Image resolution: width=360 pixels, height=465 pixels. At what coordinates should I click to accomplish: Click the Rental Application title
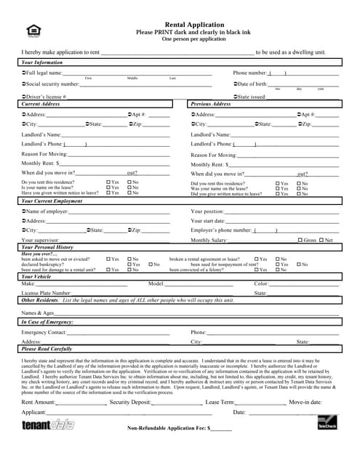(x=184, y=25)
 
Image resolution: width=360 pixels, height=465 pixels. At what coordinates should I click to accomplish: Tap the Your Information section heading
(x=43, y=63)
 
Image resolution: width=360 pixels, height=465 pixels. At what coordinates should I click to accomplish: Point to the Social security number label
(x=52, y=84)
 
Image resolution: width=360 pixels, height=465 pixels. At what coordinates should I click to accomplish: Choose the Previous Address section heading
(x=211, y=105)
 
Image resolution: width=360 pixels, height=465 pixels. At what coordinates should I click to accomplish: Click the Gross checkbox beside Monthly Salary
(x=301, y=240)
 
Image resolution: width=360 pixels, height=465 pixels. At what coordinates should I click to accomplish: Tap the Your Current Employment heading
(x=53, y=201)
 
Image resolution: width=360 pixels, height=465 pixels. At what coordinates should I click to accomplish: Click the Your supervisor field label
(x=41, y=240)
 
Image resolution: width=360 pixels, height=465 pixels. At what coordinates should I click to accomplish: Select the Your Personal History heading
(x=48, y=248)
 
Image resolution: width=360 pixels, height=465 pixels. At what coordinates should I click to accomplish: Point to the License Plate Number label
(x=47, y=293)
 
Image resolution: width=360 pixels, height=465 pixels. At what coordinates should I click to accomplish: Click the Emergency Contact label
(x=44, y=332)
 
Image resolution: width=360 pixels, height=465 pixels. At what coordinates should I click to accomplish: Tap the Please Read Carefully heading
(x=49, y=349)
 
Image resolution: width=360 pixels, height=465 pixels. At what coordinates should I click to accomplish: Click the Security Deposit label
(x=130, y=402)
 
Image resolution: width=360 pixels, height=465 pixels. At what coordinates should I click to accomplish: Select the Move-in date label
(x=305, y=402)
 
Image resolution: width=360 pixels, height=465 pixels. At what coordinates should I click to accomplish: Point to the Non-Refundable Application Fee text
(x=167, y=429)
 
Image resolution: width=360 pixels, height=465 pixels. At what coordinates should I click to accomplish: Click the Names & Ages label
(x=38, y=312)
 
